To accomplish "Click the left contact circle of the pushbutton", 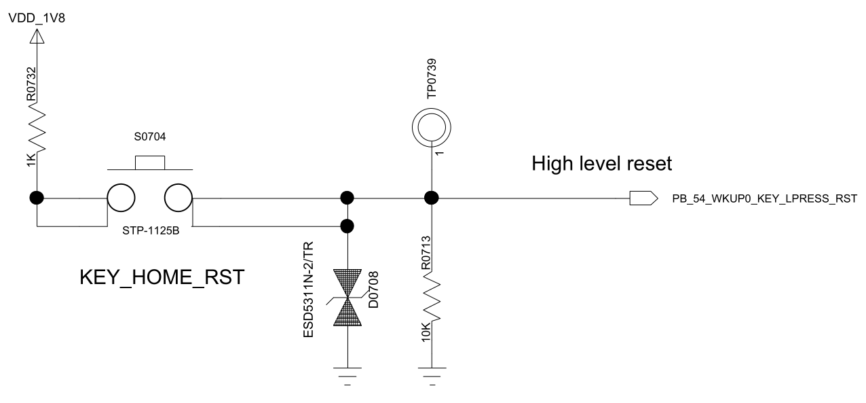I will point(121,198).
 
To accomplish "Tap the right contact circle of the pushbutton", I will point(178,198).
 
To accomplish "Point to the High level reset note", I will point(601,163).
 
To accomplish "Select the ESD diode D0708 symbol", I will point(347,298).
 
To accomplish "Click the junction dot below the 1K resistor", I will point(37,198).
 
